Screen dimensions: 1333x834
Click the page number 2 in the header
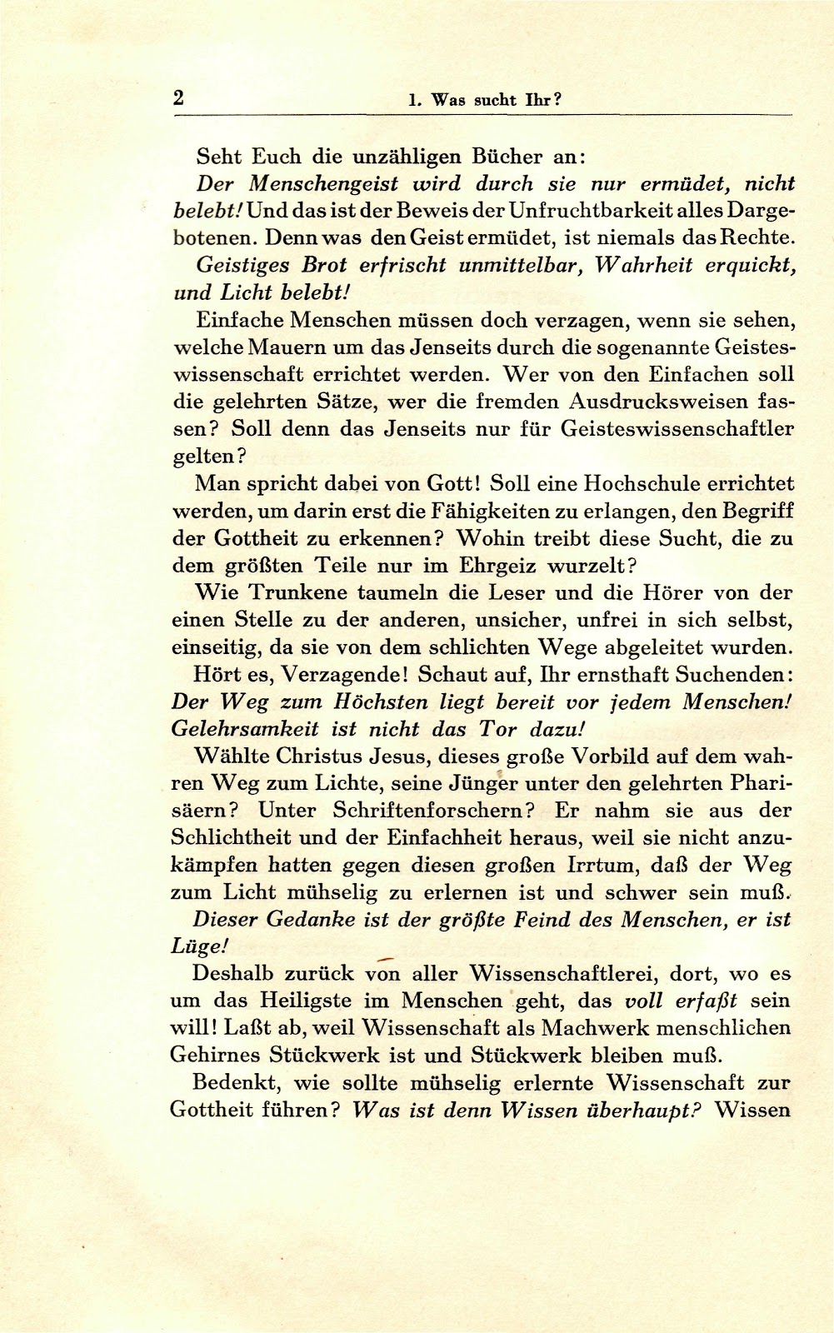(x=178, y=98)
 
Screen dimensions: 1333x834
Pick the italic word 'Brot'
(x=324, y=266)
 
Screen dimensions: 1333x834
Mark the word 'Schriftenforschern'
(x=432, y=811)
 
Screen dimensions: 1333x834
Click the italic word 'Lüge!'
(x=199, y=947)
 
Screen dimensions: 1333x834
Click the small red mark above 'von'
(x=385, y=959)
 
